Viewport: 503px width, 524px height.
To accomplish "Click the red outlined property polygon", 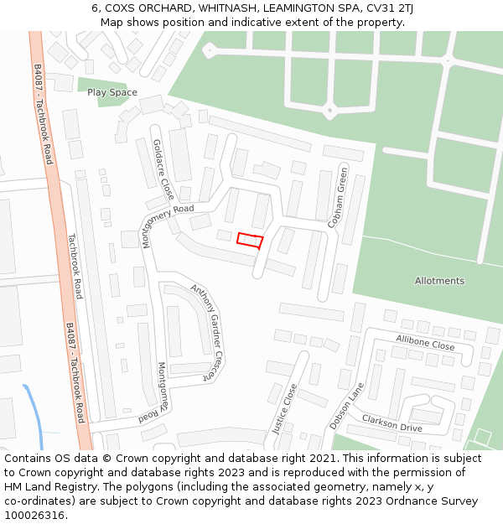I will (250, 241).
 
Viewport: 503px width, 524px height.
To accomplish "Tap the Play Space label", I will (112, 92).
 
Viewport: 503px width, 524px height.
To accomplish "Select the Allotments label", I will (439, 281).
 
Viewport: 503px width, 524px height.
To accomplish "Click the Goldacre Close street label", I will (163, 169).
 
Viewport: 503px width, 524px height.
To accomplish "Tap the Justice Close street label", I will (285, 408).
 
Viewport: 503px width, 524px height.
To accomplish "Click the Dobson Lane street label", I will (347, 406).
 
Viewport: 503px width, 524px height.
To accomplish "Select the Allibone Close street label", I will (425, 342).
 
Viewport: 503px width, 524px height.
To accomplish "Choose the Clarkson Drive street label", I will (392, 423).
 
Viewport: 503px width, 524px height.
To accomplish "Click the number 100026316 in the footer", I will (34, 516).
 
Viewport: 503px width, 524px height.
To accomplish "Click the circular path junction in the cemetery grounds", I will (330, 109).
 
